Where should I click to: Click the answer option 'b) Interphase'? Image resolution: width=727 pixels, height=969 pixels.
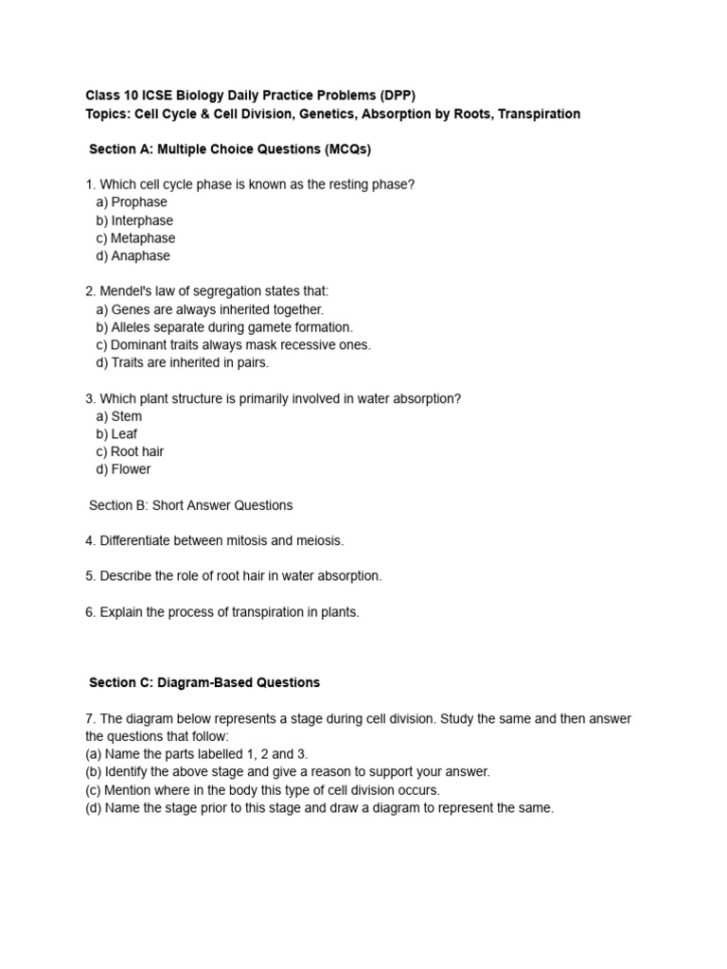pyautogui.click(x=134, y=220)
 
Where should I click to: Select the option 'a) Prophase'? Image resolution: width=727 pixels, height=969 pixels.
pyautogui.click(x=132, y=203)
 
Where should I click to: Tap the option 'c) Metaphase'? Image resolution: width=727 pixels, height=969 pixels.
pyautogui.click(x=135, y=238)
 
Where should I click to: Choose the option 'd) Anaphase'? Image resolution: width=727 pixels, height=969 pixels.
pyautogui.click(x=133, y=256)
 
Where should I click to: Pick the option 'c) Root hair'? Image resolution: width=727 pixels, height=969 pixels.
pyautogui.click(x=130, y=452)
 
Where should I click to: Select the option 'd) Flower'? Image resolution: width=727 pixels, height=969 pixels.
pyautogui.click(x=123, y=469)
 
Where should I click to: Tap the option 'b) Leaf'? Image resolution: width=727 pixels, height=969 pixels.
pyautogui.click(x=116, y=434)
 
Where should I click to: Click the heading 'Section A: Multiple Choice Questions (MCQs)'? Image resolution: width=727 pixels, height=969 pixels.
pyautogui.click(x=230, y=150)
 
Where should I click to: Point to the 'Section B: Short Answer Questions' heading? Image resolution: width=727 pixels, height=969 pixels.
pyautogui.click(x=191, y=505)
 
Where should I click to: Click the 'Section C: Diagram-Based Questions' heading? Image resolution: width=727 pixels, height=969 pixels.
pyautogui.click(x=204, y=682)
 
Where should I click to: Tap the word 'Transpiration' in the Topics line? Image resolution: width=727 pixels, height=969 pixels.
pyautogui.click(x=540, y=115)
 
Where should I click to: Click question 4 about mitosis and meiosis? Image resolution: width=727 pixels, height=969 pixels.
pyautogui.click(x=215, y=541)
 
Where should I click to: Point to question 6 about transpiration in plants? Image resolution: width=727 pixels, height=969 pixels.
pyautogui.click(x=222, y=612)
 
